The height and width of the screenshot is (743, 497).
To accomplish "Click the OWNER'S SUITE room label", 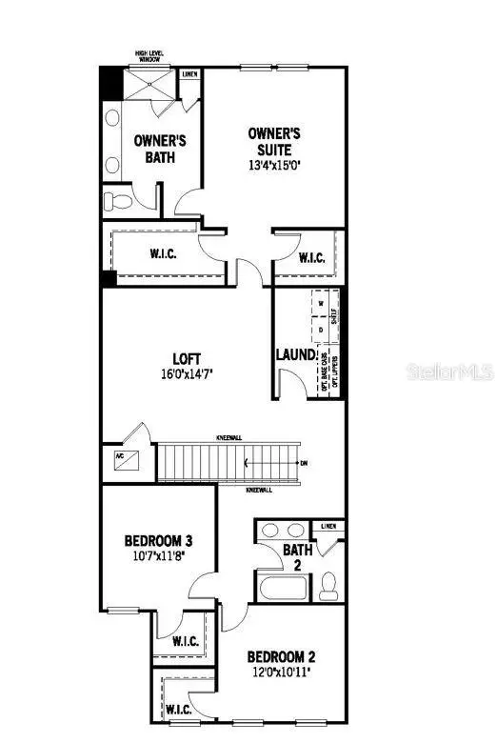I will (x=269, y=141).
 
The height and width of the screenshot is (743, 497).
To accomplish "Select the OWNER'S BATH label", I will (x=159, y=149).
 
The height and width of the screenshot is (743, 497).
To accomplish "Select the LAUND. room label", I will (x=295, y=354).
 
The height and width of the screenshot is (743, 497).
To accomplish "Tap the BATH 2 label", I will (x=292, y=556).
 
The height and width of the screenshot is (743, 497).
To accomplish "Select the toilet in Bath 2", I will (x=329, y=583).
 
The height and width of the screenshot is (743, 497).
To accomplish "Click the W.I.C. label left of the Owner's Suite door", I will (x=158, y=254).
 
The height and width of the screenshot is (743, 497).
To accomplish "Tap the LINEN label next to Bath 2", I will (x=329, y=525).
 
